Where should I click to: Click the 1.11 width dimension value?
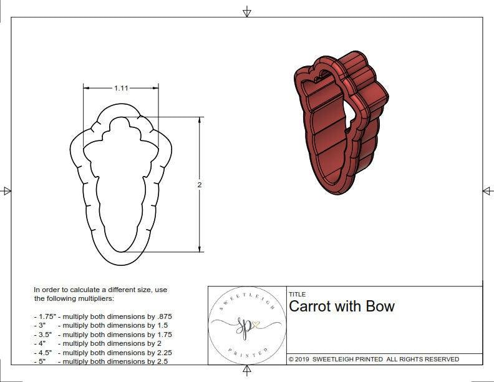click(x=121, y=89)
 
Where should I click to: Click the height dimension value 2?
click(x=200, y=185)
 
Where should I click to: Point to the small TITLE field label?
click(x=297, y=295)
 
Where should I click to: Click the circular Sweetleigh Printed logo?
click(x=247, y=325)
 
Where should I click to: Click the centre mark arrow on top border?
click(x=247, y=11)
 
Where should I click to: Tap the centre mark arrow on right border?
click(x=488, y=190)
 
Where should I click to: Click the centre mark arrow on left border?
click(x=6, y=190)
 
